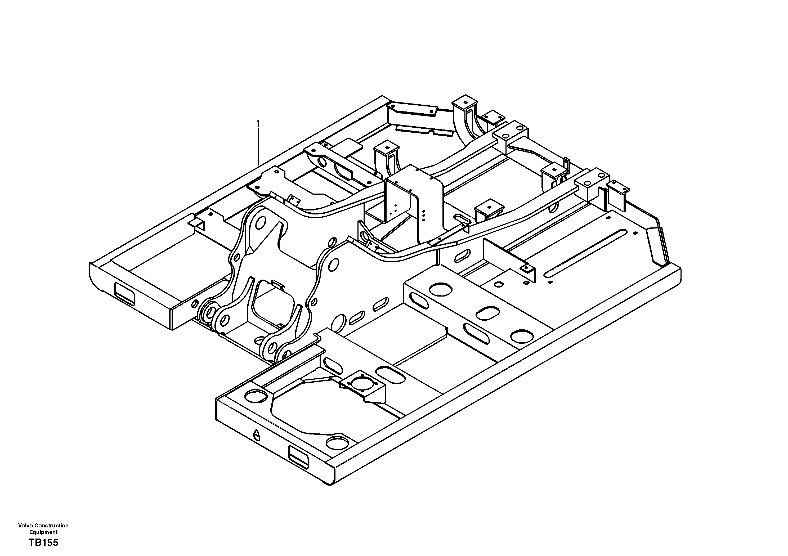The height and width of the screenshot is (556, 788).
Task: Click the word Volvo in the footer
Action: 25,526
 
